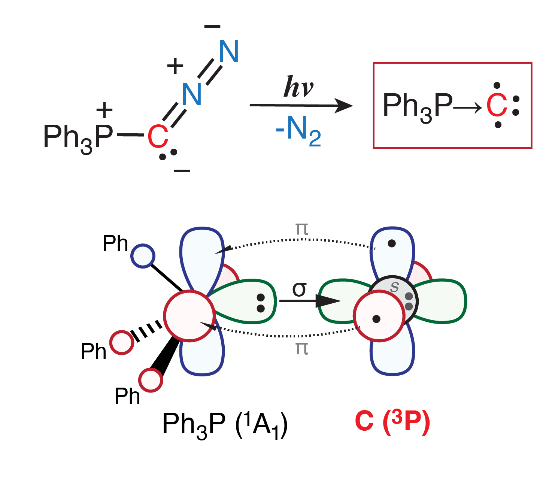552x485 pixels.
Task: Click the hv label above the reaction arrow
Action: coord(298,87)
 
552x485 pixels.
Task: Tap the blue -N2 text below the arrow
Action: coord(298,131)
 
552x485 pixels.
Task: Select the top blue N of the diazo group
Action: coord(228,51)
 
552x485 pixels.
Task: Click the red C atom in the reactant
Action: coord(158,137)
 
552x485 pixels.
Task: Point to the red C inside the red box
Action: coord(497,105)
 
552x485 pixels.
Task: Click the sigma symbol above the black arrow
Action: coord(300,289)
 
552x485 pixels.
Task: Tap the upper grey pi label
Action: coord(302,228)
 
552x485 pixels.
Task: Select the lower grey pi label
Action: coord(302,348)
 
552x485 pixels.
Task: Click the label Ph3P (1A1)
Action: coord(225,425)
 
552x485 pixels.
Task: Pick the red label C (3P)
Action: coord(392,422)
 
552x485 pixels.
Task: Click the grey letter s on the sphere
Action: coord(394,287)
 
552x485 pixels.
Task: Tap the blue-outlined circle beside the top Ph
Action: coord(143,256)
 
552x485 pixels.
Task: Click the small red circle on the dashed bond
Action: coord(122,342)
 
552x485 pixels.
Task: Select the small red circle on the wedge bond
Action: coord(151,380)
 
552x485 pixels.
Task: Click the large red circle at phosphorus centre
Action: coord(189,316)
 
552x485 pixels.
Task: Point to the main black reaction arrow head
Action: coord(343,106)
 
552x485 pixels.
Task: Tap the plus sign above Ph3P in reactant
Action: coord(104,110)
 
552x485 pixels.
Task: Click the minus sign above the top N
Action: coord(212,26)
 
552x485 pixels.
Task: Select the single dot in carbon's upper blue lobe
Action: coord(392,243)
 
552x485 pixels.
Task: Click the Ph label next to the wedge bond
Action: coord(127,396)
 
